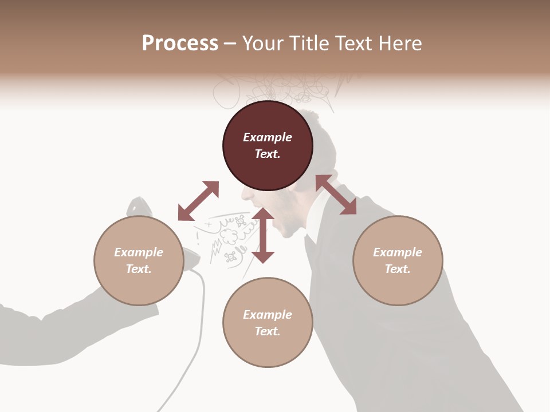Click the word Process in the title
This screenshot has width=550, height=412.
(180, 43)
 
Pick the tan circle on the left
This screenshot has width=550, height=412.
(139, 260)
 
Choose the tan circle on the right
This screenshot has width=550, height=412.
(398, 260)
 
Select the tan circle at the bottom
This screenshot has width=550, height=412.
(268, 323)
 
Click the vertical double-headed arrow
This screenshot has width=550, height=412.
(263, 235)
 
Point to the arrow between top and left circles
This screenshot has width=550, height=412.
(198, 201)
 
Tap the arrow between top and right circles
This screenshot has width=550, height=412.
(336, 195)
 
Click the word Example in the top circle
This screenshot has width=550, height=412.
(268, 137)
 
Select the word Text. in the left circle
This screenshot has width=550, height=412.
(139, 269)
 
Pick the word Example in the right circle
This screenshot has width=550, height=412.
(398, 252)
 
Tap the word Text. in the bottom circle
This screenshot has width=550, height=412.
(268, 331)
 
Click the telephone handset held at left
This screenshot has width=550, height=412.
(172, 240)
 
